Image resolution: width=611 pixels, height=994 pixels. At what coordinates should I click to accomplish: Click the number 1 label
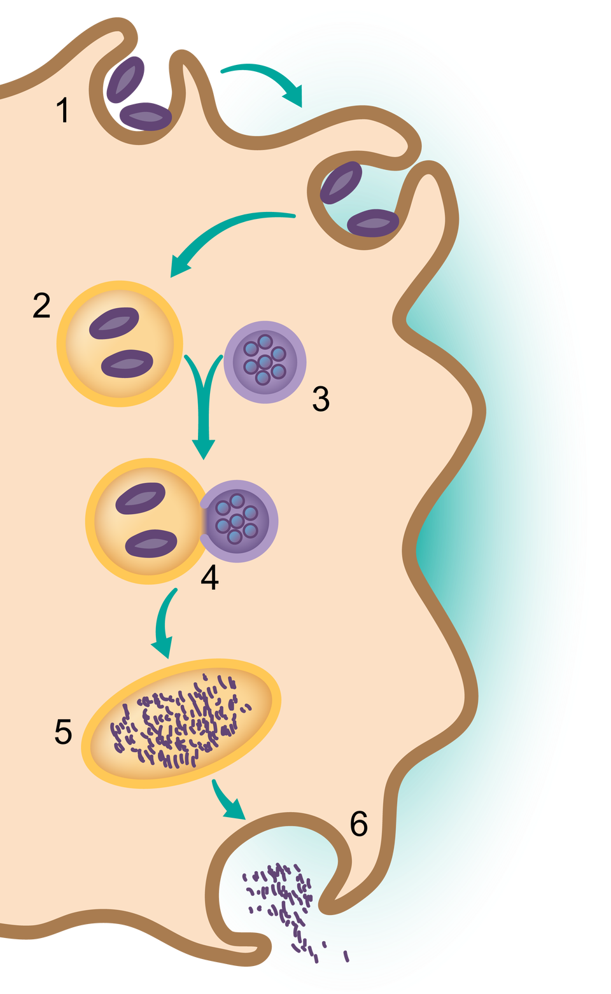tap(62, 110)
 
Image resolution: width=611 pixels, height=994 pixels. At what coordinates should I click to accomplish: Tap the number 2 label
tap(41, 306)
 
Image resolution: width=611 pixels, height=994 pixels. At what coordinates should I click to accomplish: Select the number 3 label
tap(321, 399)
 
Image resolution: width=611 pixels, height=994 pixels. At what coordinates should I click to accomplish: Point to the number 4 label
tap(209, 578)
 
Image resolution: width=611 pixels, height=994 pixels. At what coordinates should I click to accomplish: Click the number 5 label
tap(63, 732)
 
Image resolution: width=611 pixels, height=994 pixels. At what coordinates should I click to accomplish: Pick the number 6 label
tap(359, 824)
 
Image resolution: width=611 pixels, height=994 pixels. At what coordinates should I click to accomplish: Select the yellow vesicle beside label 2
tap(120, 344)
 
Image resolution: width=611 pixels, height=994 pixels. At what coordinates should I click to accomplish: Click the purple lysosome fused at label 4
tap(241, 521)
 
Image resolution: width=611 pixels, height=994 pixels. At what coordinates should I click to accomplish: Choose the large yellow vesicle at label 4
tap(146, 521)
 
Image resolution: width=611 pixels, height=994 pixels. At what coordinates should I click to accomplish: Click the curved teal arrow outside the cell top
tap(267, 80)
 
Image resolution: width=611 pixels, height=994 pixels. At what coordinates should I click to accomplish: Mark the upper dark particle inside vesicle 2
tap(114, 323)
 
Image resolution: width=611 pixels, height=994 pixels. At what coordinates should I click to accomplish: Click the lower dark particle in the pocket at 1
tap(146, 116)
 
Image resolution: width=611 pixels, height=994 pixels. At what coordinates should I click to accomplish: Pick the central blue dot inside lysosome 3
tap(265, 362)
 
